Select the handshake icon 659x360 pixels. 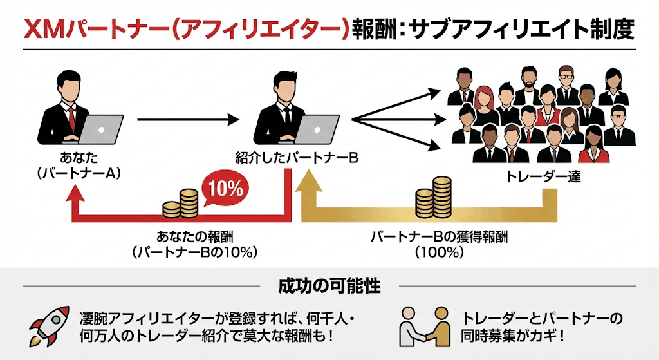tap(423, 325)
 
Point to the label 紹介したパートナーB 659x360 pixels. tap(297, 158)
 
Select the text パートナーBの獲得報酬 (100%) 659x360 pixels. tap(439, 244)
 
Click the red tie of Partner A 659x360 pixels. tap(72, 119)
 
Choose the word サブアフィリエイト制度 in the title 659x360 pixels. tap(508, 28)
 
